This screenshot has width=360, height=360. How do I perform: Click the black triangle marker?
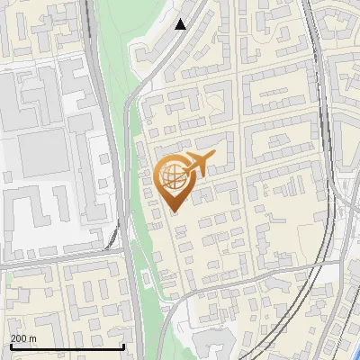click(181, 24)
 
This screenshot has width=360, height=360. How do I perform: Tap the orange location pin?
click(175, 181)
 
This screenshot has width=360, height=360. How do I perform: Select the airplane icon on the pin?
click(200, 165)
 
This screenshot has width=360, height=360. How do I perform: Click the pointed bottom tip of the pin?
click(175, 210)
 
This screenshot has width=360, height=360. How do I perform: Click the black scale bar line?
click(67, 346)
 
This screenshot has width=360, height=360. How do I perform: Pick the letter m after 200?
click(33, 338)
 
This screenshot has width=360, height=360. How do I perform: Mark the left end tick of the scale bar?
click(10, 345)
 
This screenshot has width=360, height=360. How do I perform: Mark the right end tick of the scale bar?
click(123, 345)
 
